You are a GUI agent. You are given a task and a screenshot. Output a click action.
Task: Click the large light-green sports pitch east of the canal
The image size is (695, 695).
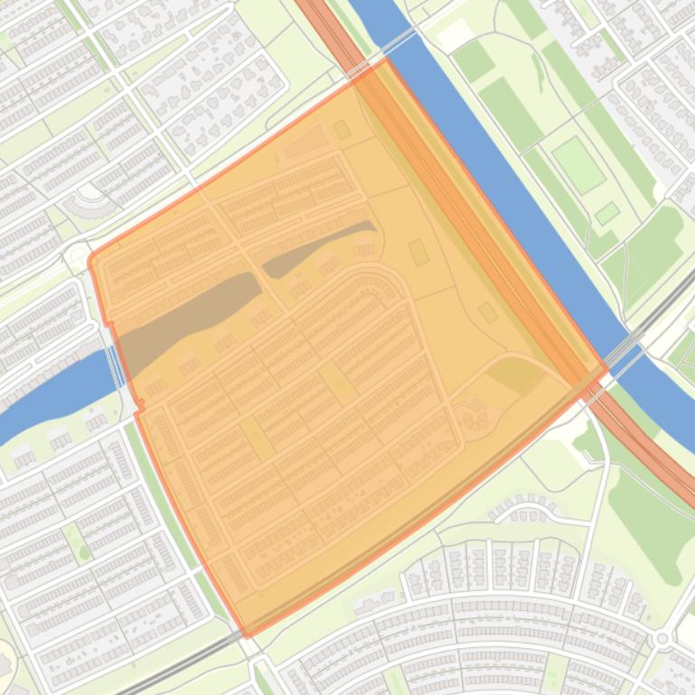[x=578, y=164]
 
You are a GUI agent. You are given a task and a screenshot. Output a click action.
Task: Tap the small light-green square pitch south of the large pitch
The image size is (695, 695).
[x=607, y=214]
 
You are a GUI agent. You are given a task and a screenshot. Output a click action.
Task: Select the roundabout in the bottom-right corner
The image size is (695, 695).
[x=662, y=638]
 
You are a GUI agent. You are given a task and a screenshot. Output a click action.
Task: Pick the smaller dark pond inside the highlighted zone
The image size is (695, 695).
[x=316, y=246]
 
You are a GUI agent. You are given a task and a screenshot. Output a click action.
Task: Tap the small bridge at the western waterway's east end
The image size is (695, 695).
[x=115, y=366]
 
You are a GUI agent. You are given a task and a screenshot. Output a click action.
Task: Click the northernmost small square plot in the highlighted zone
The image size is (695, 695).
[x=342, y=130]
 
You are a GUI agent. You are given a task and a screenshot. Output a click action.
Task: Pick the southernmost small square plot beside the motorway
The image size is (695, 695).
[x=488, y=313]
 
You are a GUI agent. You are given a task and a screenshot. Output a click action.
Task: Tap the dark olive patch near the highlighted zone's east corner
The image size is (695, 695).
[x=515, y=373]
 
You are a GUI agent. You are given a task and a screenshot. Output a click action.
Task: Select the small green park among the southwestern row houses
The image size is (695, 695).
[x=79, y=546]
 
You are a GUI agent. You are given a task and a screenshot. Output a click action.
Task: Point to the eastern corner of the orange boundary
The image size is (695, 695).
[x=606, y=368]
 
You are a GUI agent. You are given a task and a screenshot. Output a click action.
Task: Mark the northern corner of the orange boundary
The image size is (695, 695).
[x=387, y=60]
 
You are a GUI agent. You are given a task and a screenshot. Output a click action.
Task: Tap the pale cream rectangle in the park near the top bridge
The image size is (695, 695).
[x=455, y=34]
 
